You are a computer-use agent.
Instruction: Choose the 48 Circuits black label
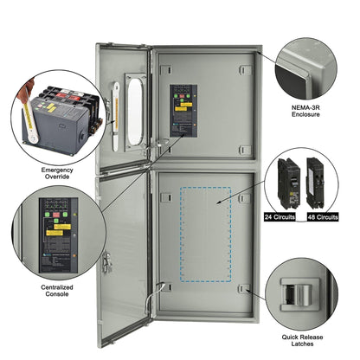322,217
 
